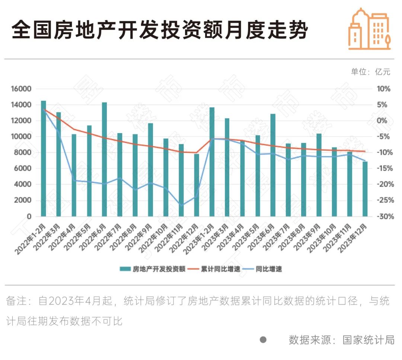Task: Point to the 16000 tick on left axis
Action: coord(20,89)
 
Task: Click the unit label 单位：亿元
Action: coord(370,72)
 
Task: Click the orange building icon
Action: coord(369,29)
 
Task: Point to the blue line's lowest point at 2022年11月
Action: coord(181,205)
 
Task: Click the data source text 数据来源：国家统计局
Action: coord(341,340)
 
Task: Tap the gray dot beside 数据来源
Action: coord(263,340)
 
